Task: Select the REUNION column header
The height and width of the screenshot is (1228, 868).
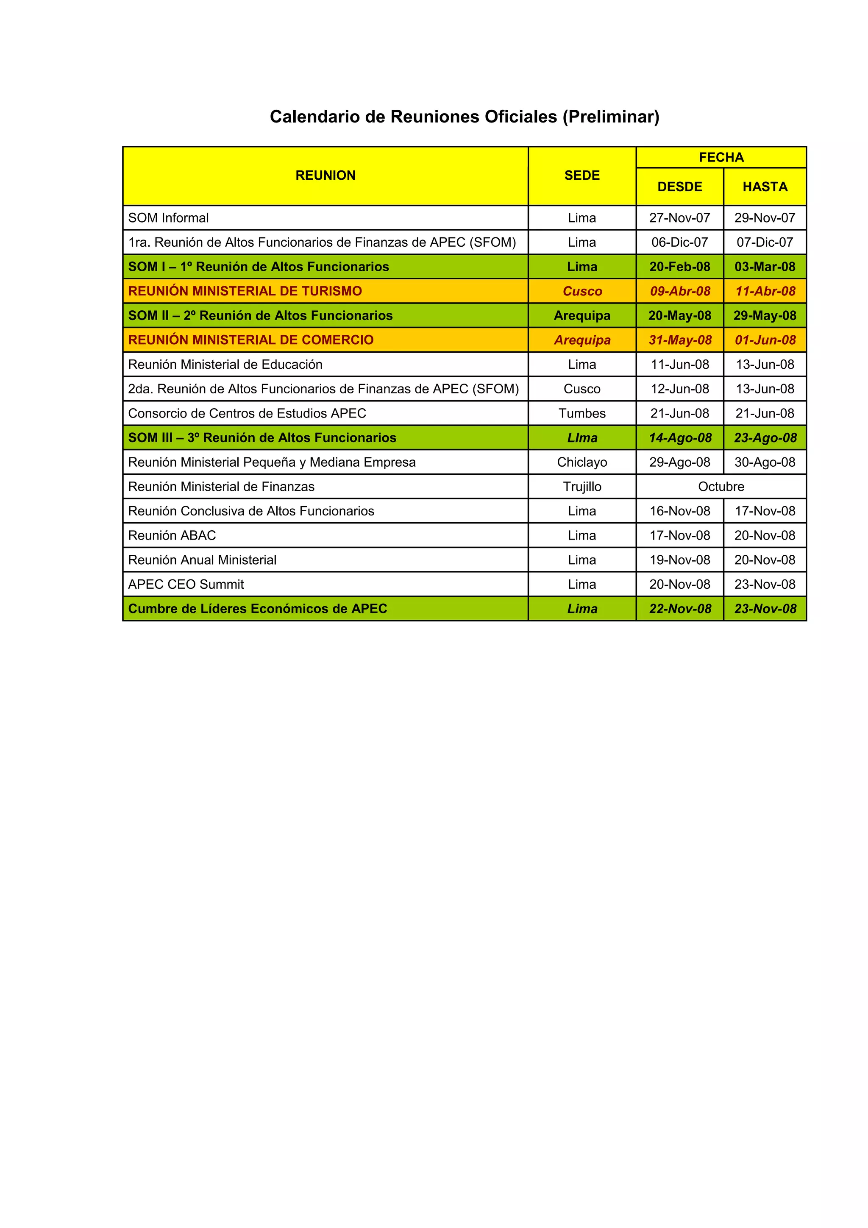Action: point(325,175)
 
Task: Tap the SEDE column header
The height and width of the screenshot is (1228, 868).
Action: point(582,175)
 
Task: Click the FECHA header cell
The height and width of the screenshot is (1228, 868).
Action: point(721,157)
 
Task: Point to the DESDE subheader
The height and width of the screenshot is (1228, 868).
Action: point(679,187)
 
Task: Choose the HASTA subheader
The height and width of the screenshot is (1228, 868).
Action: point(765,187)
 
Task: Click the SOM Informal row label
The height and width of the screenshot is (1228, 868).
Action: point(168,218)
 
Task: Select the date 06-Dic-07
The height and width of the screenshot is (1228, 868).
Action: point(679,242)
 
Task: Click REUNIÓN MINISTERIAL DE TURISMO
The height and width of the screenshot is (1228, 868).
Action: point(245,291)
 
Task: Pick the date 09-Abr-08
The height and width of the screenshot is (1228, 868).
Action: point(680,291)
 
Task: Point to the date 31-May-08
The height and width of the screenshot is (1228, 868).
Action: point(680,340)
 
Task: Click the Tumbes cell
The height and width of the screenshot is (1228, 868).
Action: point(582,413)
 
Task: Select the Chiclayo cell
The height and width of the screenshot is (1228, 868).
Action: point(582,462)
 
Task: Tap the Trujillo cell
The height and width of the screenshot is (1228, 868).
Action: point(582,487)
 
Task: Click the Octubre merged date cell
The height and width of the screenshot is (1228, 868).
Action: point(721,487)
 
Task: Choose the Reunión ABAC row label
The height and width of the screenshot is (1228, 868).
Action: point(172,535)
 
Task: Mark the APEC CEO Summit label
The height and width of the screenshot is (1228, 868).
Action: point(186,585)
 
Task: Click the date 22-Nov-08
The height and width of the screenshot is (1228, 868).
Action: point(680,609)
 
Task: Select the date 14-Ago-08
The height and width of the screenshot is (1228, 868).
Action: point(680,438)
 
